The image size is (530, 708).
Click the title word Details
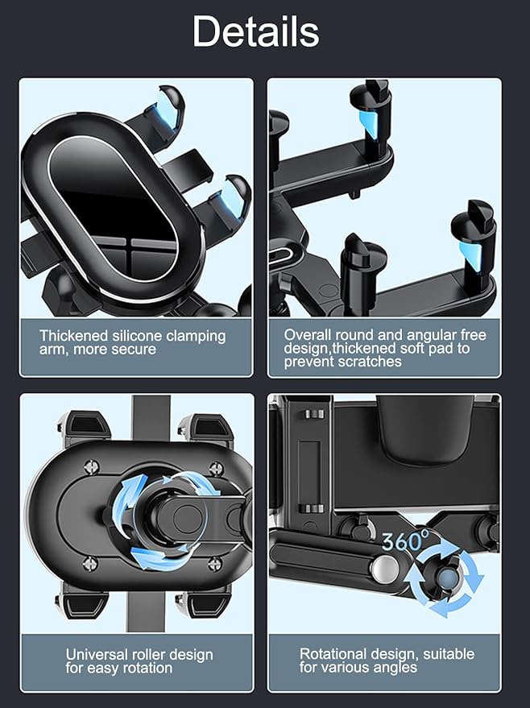coord(255,32)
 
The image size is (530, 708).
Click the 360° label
coord(404,541)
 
